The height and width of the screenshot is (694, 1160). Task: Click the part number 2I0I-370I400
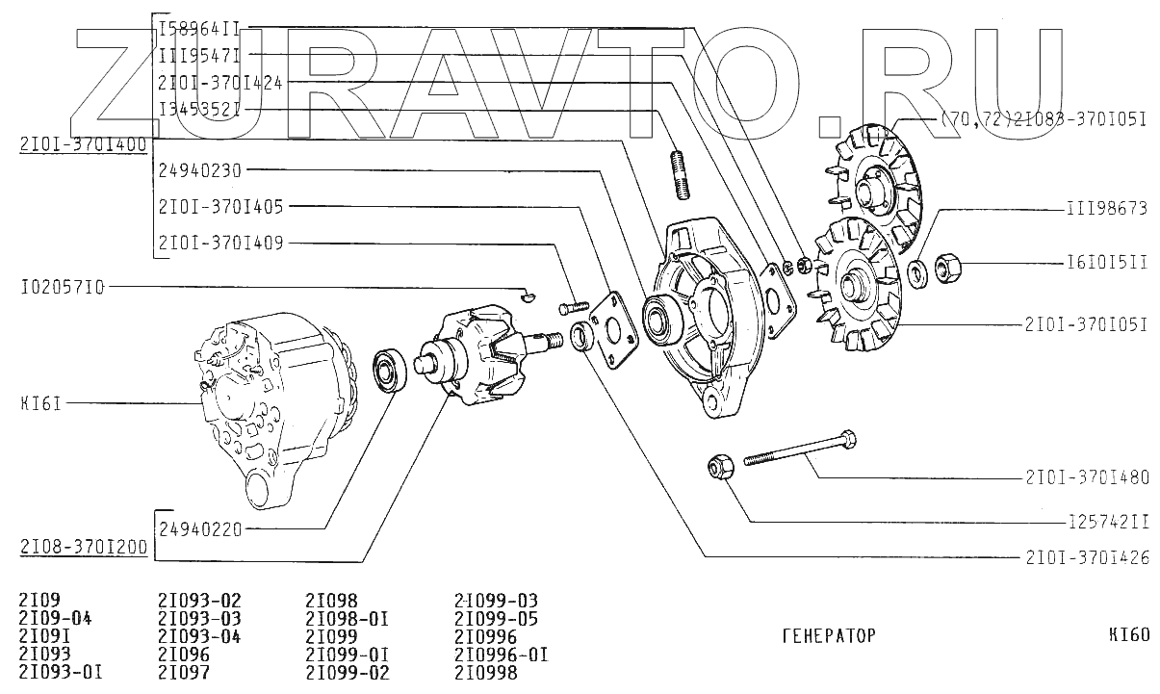point(83,145)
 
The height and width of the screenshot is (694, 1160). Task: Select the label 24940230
point(200,170)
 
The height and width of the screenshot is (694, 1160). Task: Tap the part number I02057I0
point(62,287)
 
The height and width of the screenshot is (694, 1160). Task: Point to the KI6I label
point(40,403)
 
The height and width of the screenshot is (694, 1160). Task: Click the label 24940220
point(200,528)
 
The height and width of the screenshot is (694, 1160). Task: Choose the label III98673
point(1106,208)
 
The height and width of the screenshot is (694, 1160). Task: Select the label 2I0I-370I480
point(1087,476)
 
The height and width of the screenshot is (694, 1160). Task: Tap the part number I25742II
point(1109,522)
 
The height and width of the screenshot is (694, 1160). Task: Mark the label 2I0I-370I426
point(1087,557)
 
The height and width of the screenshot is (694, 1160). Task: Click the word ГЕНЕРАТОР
point(828,636)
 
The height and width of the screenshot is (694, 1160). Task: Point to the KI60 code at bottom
point(1128,635)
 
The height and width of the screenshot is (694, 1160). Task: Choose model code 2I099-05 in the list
point(495,619)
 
